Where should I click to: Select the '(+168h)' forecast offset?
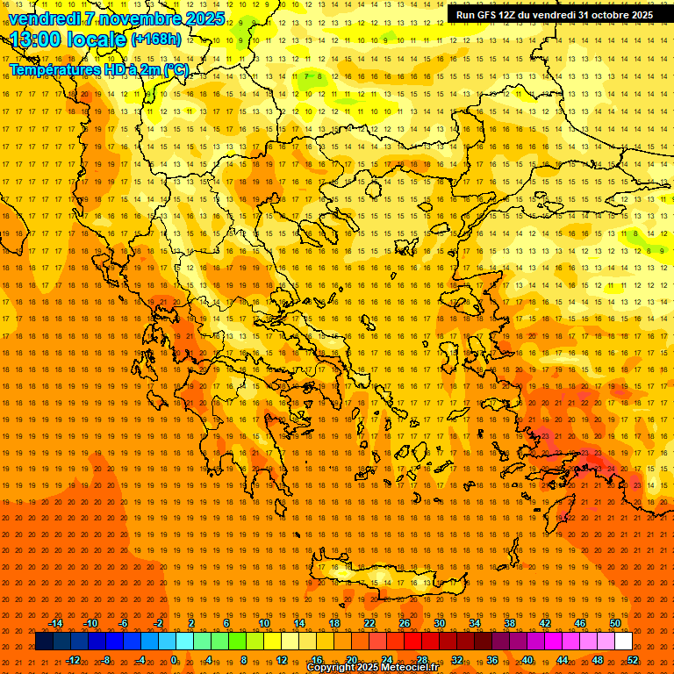click(156, 39)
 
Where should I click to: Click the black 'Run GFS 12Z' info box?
click(554, 14)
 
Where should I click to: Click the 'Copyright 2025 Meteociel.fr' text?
click(372, 668)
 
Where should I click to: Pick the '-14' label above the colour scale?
click(55, 623)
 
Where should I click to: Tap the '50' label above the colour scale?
click(615, 623)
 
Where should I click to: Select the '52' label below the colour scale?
click(633, 660)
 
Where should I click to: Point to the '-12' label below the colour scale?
click(73, 660)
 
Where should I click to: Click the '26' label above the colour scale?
click(405, 623)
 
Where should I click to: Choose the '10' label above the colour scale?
click(264, 623)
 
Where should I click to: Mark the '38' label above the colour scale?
click(510, 623)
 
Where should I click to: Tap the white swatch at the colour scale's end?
click(623, 641)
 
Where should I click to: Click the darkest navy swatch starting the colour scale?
click(45, 641)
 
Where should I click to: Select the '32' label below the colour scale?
click(457, 660)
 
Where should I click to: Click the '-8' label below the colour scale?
click(106, 660)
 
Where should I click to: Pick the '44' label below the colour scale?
click(563, 660)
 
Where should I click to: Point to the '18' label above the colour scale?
click(334, 623)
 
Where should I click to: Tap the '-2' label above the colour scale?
click(159, 623)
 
